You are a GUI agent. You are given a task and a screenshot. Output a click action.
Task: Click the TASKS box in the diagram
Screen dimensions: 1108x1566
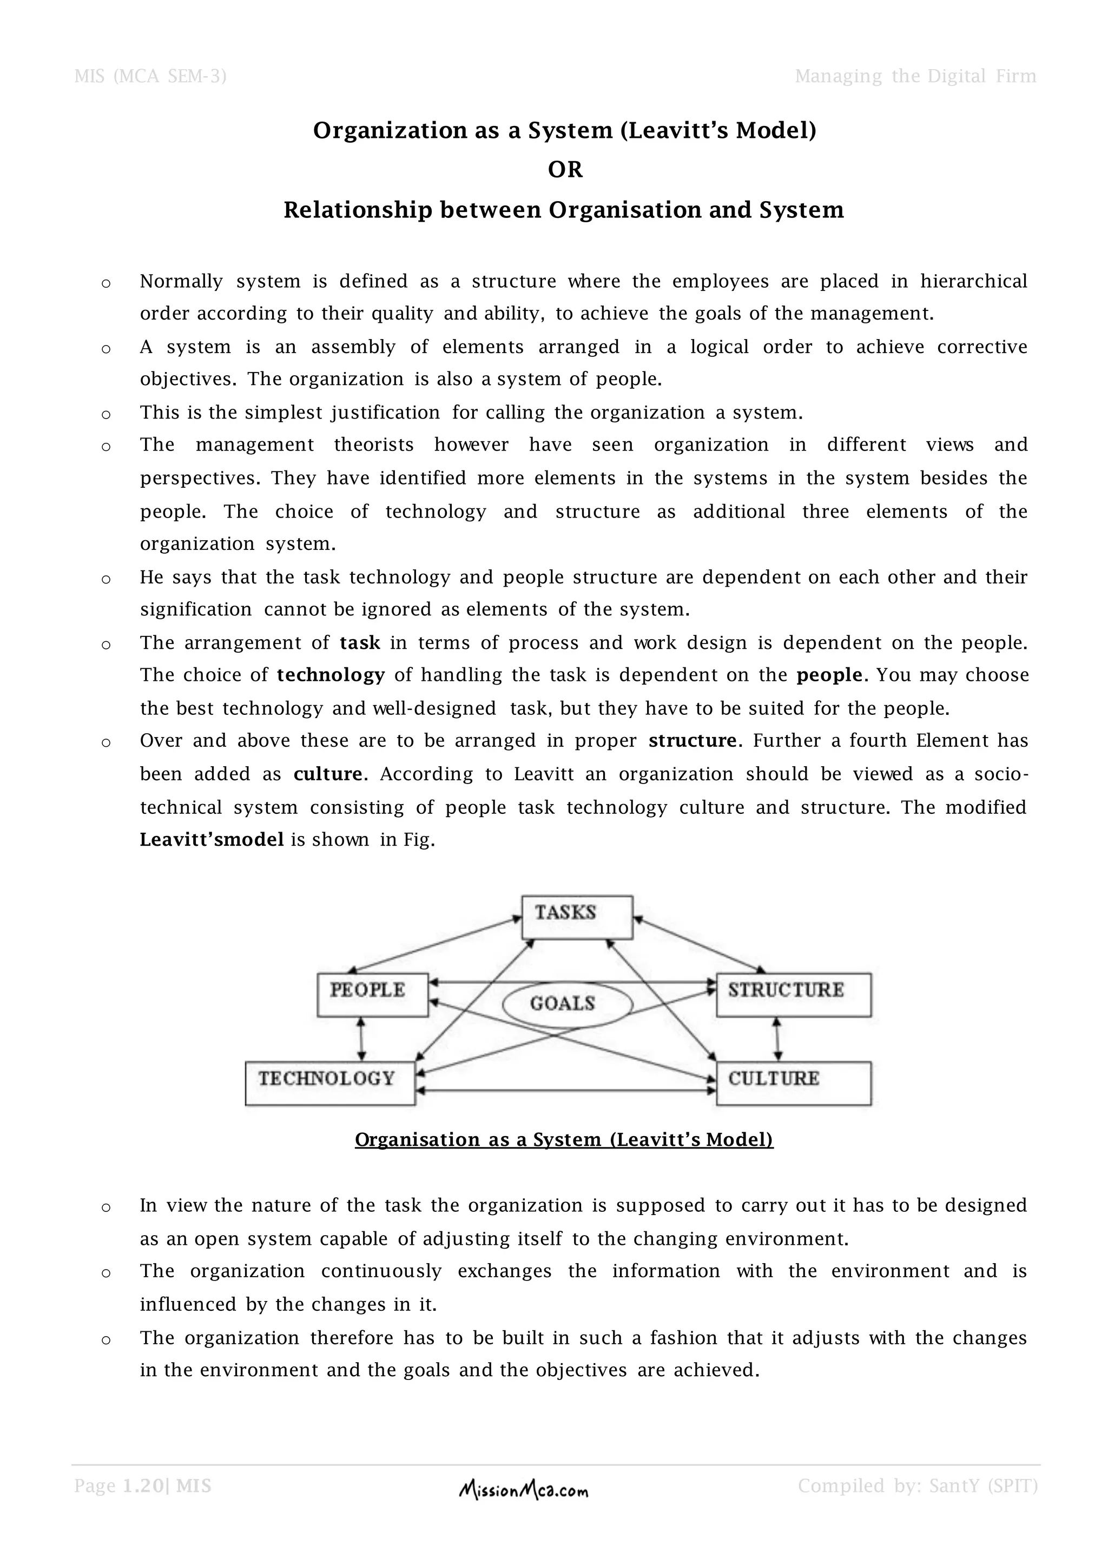point(577,917)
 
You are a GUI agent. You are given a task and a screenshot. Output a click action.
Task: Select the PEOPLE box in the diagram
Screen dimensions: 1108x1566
point(373,994)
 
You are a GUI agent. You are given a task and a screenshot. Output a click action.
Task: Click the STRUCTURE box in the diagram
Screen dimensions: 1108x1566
point(794,994)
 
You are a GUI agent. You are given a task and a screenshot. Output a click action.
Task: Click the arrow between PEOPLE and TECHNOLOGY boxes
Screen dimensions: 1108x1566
point(361,1039)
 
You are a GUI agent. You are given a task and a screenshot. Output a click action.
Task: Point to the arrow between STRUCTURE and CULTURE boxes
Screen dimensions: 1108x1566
point(776,1039)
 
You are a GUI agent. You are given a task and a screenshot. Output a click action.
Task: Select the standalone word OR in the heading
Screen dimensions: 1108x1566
point(565,169)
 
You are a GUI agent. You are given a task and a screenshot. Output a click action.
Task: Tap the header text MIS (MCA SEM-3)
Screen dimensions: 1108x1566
point(150,76)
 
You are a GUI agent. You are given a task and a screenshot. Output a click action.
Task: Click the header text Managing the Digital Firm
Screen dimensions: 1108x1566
point(915,76)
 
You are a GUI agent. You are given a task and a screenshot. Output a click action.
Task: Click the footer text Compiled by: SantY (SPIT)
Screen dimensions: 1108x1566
point(918,1485)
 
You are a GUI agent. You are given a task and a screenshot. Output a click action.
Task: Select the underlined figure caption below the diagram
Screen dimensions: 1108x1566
point(564,1140)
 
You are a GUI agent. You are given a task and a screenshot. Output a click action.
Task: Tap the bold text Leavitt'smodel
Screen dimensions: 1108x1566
point(212,840)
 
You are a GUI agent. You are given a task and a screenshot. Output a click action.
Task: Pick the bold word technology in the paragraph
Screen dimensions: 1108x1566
point(331,675)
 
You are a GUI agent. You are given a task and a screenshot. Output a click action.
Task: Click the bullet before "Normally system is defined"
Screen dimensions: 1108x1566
point(105,283)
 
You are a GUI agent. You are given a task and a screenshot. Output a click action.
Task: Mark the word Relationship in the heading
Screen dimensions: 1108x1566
point(358,209)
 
